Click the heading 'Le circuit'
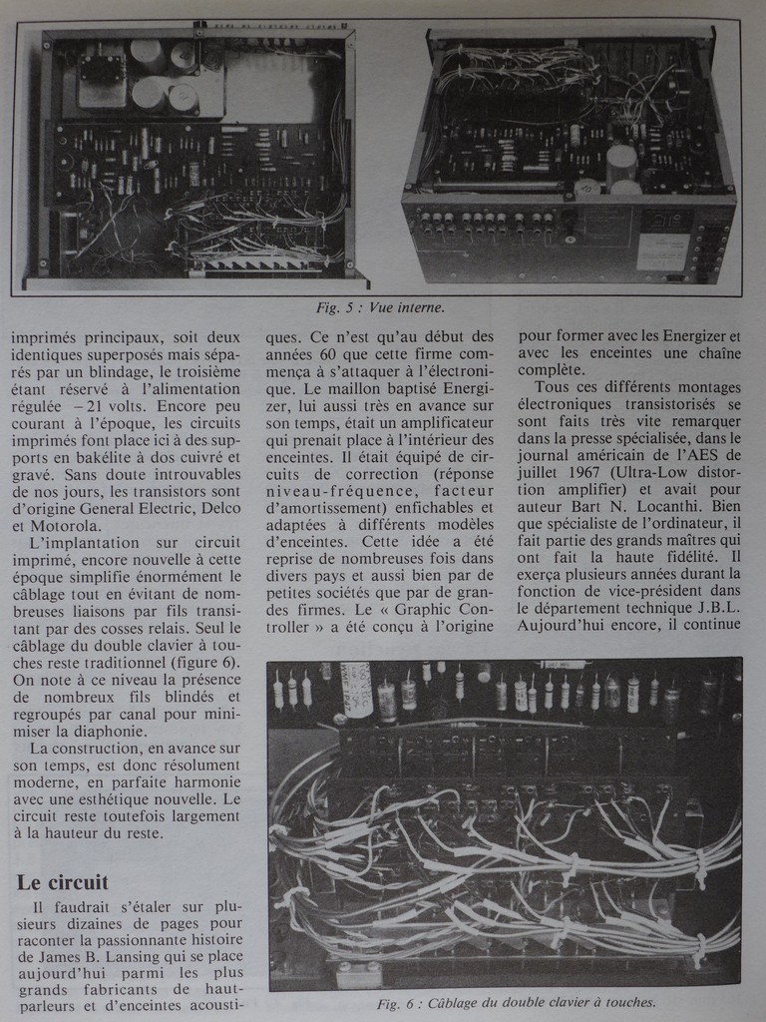click(62, 882)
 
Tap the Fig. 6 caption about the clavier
click(517, 1003)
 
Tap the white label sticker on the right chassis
click(661, 251)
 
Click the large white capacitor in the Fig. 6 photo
click(356, 689)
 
